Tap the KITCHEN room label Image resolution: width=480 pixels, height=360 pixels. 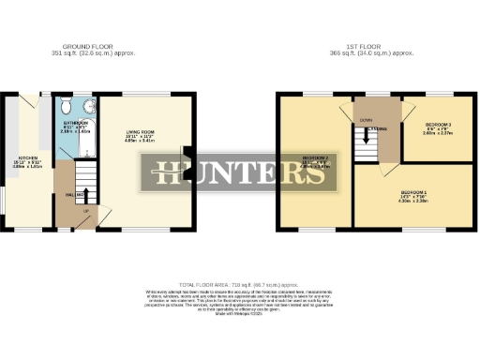pos(20,158)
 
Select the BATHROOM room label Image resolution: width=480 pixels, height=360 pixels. pos(76,122)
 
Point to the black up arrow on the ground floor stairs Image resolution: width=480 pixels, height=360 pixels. pos(86,196)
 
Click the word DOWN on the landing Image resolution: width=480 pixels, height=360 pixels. pos(365,119)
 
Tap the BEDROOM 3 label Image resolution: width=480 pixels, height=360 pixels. pos(438,124)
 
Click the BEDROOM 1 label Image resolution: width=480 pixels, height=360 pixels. pos(414,191)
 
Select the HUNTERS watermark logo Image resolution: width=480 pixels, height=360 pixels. pos(233,174)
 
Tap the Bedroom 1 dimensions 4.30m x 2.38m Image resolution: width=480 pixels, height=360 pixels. pos(414,202)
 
